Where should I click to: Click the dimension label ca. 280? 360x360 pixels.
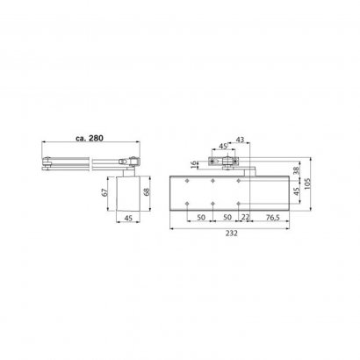click(x=90, y=138)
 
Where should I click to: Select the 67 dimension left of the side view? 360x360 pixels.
click(x=105, y=192)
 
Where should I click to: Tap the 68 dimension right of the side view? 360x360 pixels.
click(x=147, y=191)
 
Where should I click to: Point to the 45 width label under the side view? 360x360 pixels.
click(x=128, y=218)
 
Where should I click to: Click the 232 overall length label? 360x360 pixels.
click(x=232, y=234)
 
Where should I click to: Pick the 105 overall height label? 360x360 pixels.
click(x=306, y=184)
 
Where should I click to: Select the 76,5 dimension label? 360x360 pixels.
click(x=273, y=218)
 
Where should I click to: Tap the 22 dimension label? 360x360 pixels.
click(x=245, y=217)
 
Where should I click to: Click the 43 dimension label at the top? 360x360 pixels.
click(x=240, y=140)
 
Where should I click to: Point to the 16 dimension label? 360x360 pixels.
click(x=194, y=164)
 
